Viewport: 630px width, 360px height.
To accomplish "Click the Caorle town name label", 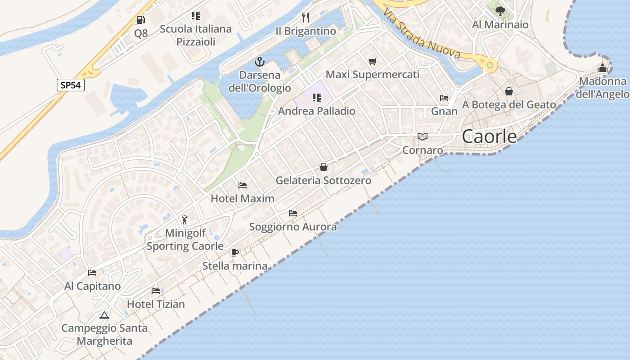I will pos(489,136).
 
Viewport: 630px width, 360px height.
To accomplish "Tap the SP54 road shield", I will pos(71,85).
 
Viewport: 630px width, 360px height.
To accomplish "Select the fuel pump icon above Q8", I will pos(141,20).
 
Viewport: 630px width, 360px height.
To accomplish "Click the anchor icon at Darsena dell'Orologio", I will pos(260,62).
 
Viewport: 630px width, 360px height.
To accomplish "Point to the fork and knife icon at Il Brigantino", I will pos(306,18).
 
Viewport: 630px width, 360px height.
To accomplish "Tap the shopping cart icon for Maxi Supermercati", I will pos(372,61).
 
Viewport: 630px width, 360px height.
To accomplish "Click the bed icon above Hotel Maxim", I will pos(242,185).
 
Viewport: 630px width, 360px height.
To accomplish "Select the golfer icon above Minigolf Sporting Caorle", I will pos(184,220).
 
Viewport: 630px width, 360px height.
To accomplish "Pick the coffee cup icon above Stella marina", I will pos(234,252).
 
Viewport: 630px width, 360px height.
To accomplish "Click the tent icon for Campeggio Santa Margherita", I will pos(104,315).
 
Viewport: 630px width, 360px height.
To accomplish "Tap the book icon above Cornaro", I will pos(422,136).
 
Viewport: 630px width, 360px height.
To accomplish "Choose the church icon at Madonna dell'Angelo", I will pos(603,68).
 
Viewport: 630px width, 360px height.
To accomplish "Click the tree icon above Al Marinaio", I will pos(499,11).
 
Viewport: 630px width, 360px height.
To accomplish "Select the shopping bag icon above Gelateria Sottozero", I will pos(323,167).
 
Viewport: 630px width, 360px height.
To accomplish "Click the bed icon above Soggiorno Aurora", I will pos(293,213).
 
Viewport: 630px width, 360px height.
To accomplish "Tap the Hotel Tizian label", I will pos(156,304).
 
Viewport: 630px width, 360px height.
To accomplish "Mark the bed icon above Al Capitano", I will pos(92,273).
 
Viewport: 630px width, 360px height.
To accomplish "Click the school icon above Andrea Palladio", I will pos(316,98).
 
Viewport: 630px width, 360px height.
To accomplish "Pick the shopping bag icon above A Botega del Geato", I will pos(509,91).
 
